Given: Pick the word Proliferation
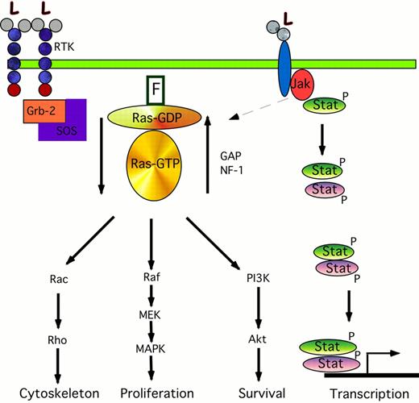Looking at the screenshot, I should pyautogui.click(x=151, y=393).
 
